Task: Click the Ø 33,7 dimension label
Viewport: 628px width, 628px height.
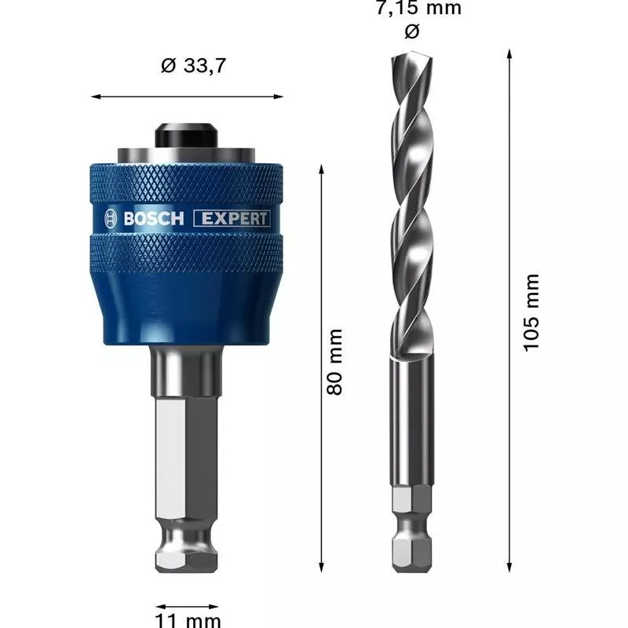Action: click(193, 67)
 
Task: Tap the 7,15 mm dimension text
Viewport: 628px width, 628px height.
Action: click(417, 9)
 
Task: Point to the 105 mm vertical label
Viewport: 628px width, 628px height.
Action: click(532, 312)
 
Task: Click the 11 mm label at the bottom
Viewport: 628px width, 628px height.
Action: click(188, 621)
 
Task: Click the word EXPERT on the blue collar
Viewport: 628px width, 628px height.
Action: click(232, 219)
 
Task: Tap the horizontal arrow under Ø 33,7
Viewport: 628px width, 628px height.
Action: click(188, 97)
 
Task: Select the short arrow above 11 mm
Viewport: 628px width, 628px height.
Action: click(188, 606)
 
